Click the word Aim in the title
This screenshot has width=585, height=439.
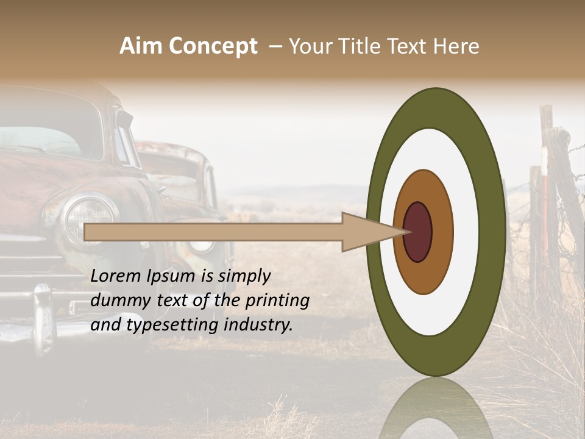point(140,46)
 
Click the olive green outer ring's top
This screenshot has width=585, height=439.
point(436,107)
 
